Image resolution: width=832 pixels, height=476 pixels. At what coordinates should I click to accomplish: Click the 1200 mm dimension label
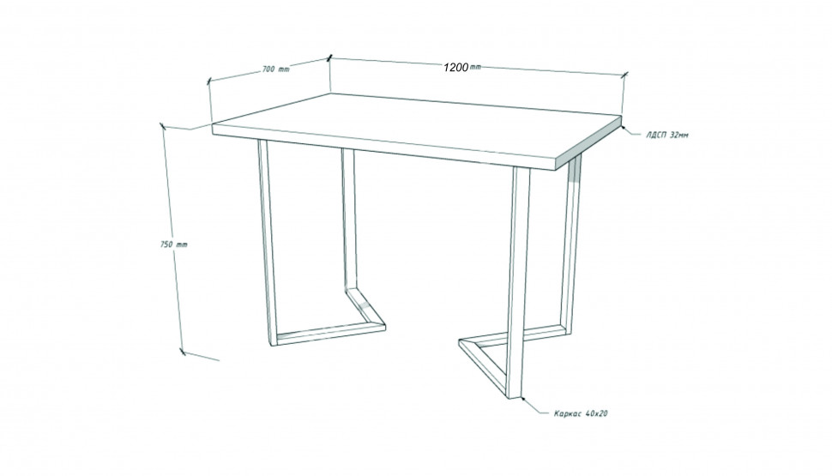(x=462, y=67)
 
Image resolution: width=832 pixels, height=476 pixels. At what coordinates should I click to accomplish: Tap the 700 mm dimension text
(x=276, y=69)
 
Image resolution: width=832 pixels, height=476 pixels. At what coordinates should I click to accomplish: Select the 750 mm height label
(x=173, y=244)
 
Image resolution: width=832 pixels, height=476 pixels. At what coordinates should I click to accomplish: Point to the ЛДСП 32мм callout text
(x=667, y=135)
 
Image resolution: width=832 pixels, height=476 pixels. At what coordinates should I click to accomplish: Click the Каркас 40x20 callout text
(x=581, y=413)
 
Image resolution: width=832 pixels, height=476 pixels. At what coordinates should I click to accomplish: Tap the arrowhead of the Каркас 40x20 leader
(x=522, y=400)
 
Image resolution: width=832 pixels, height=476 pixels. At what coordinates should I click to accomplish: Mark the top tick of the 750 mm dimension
(x=162, y=126)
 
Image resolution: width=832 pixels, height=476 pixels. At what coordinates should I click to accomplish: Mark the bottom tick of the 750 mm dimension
(x=183, y=352)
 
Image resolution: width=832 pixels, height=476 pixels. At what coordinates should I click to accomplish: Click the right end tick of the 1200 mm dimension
(x=624, y=75)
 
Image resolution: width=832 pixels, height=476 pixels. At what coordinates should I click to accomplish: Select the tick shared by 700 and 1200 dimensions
(x=329, y=57)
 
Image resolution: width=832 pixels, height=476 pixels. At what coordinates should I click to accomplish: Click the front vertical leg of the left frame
(x=268, y=243)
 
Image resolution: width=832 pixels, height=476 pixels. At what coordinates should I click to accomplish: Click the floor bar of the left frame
(x=329, y=334)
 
